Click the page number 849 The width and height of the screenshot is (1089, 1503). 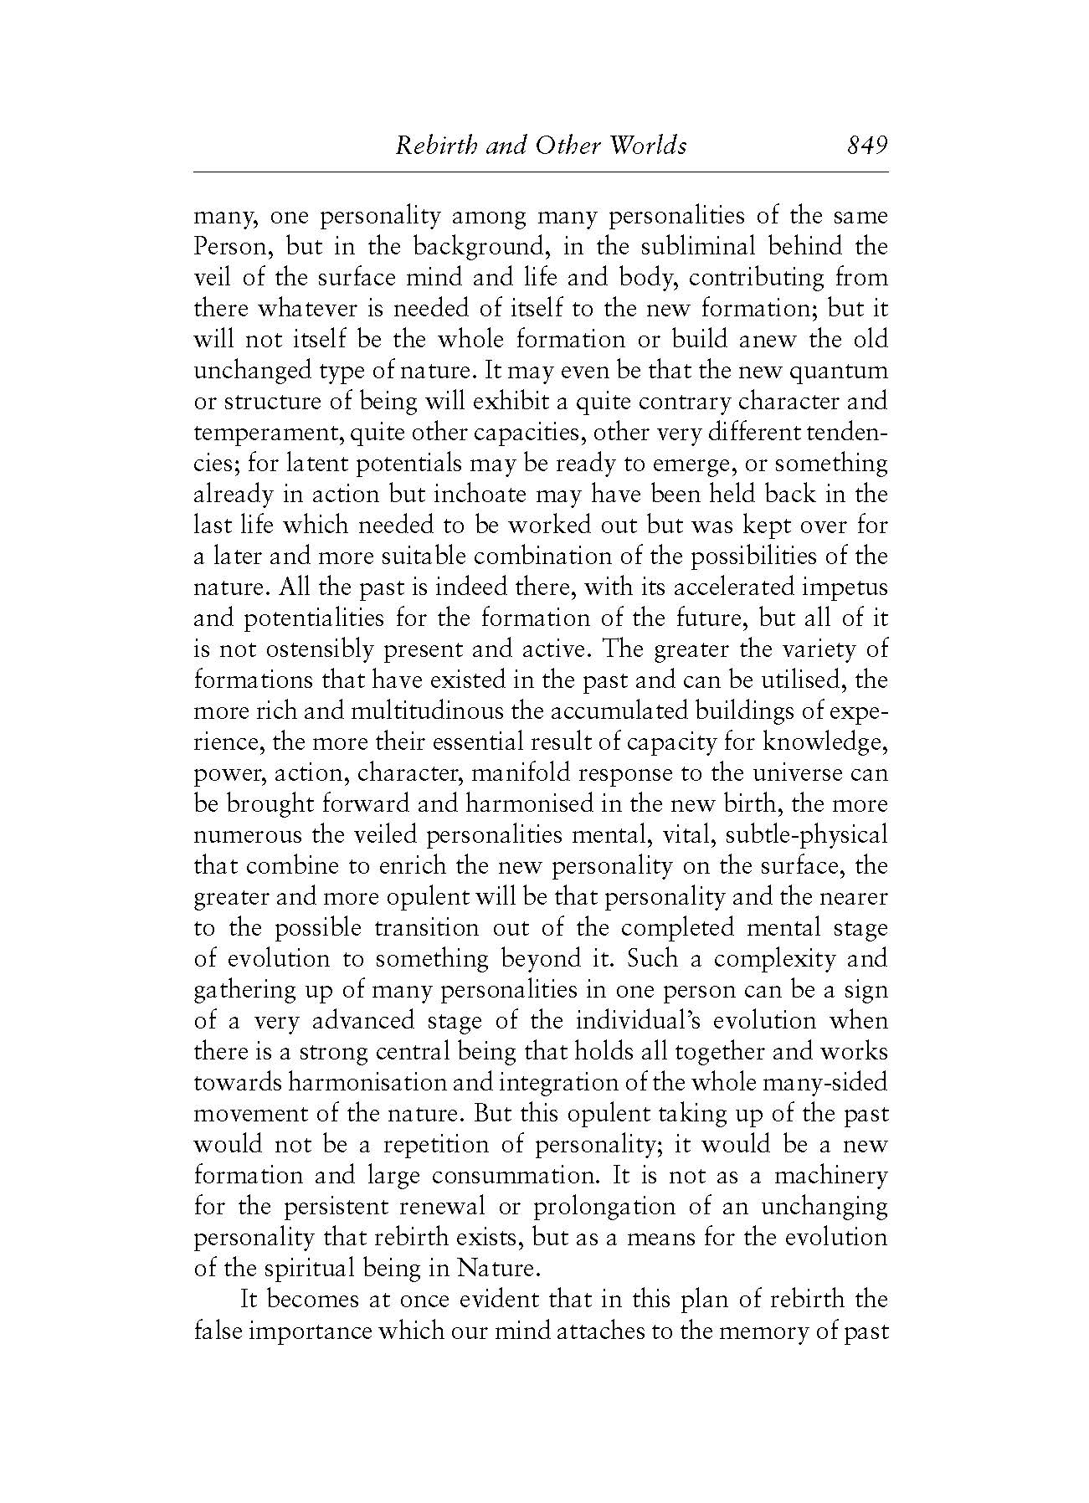[866, 146]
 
